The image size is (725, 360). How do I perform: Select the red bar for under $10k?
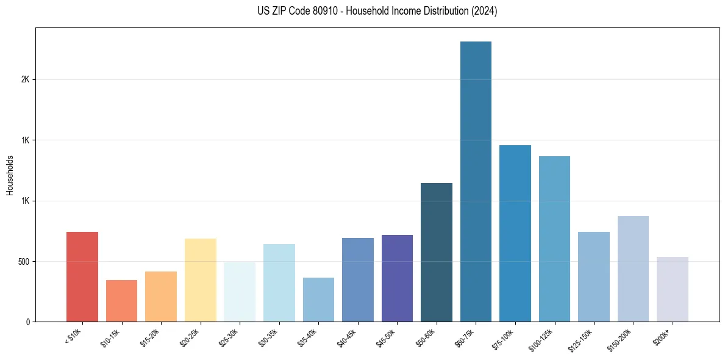pos(82,277)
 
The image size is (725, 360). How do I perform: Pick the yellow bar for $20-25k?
pos(200,280)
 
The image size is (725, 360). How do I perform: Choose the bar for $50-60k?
pos(437,253)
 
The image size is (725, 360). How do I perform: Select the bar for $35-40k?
pos(318,300)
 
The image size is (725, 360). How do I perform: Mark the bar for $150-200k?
pos(633,269)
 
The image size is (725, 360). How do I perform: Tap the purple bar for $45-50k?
pos(397,278)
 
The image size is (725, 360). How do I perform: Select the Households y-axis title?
pos(10,175)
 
